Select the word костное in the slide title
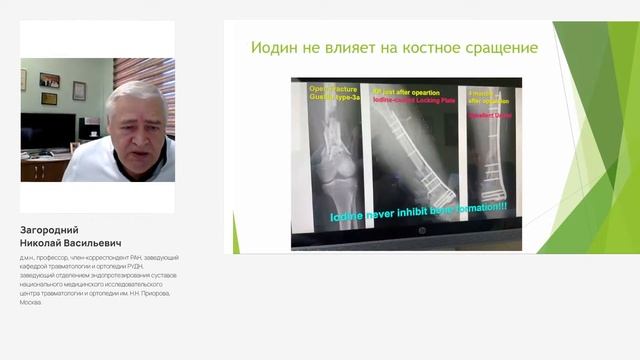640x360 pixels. (422, 47)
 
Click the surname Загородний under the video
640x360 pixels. (48, 230)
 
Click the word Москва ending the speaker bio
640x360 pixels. (31, 302)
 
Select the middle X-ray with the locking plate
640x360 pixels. (410, 150)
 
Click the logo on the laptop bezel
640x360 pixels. (407, 243)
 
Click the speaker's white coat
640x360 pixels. (110, 165)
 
